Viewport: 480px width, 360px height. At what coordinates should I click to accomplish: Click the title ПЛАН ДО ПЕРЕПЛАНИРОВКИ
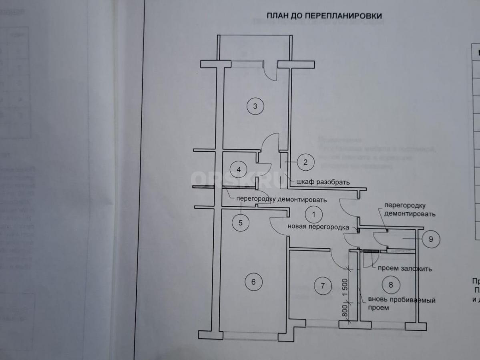[324, 16]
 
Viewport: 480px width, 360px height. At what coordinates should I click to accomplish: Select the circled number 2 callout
[305, 162]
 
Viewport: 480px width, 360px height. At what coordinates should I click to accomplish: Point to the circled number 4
[239, 169]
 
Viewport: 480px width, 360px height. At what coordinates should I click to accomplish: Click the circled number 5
[241, 223]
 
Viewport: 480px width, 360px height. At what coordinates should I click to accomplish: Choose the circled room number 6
[253, 282]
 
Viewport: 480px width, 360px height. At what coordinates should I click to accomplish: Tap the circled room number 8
[391, 285]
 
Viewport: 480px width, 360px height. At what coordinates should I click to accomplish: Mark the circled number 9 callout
[431, 239]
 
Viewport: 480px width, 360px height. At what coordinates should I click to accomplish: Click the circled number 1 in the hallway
[313, 214]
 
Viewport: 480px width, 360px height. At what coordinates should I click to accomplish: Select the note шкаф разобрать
[323, 182]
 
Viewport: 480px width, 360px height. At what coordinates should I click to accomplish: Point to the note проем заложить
[405, 269]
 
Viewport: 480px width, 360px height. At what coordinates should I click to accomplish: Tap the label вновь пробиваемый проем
[401, 304]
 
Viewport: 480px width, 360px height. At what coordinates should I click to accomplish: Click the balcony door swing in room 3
[270, 72]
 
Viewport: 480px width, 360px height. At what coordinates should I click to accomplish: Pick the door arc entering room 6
[278, 227]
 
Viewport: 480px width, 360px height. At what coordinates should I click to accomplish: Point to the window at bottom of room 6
[250, 336]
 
